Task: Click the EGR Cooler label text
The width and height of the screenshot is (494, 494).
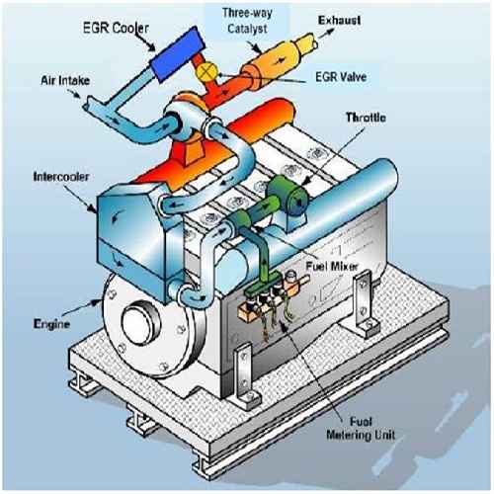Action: click(x=116, y=28)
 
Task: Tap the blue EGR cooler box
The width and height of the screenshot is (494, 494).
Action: click(x=176, y=54)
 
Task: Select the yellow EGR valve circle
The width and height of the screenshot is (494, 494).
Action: click(x=206, y=71)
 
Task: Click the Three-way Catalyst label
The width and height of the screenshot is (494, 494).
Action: click(x=247, y=21)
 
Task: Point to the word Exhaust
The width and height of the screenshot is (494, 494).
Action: click(x=339, y=21)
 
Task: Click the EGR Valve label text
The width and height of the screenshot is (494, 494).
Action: click(x=341, y=77)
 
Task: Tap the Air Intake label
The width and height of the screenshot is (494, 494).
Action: click(x=65, y=80)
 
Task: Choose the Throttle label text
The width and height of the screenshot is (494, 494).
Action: click(x=366, y=118)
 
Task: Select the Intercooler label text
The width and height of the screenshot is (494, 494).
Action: click(x=61, y=177)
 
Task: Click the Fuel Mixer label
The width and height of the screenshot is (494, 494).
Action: click(x=332, y=266)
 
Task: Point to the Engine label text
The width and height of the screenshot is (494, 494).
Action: click(x=51, y=324)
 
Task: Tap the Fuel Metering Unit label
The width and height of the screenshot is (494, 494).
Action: click(x=361, y=428)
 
